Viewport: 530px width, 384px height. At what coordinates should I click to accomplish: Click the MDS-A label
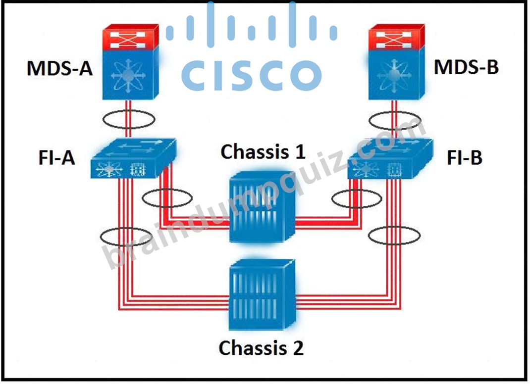point(59,68)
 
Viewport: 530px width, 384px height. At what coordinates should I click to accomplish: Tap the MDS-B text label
point(466,67)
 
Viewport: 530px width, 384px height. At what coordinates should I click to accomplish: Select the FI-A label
point(56,157)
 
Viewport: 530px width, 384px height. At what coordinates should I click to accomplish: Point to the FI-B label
point(465,157)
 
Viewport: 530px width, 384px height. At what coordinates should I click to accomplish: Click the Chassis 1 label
point(263,151)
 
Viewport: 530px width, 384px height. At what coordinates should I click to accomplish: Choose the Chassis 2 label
point(261,347)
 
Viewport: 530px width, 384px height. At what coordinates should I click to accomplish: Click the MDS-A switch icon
point(130,62)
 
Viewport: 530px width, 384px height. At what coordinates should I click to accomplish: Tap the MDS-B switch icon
point(396,62)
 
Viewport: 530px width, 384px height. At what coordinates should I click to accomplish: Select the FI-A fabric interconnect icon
point(134,158)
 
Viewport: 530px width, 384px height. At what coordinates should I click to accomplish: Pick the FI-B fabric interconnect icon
point(390,158)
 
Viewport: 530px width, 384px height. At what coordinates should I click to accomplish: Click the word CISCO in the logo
point(252,75)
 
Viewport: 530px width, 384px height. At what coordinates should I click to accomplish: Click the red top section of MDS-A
point(130,37)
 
